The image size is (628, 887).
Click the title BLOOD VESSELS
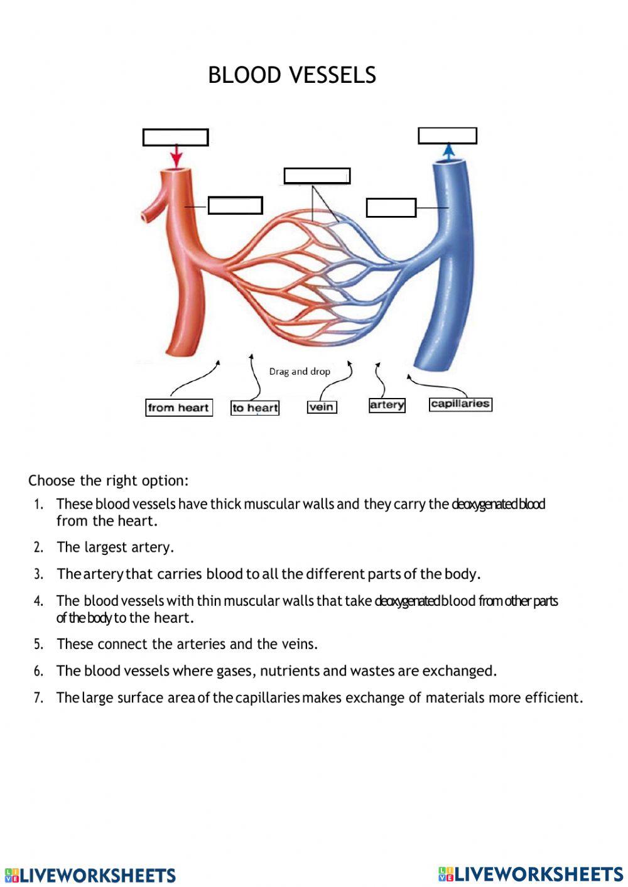pyautogui.click(x=292, y=75)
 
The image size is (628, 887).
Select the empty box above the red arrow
pyautogui.click(x=175, y=137)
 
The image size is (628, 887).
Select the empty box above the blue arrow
pyautogui.click(x=447, y=136)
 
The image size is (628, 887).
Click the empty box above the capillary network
pyautogui.click(x=317, y=176)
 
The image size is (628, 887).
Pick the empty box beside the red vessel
pyautogui.click(x=235, y=205)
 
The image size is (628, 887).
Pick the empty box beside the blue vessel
pyautogui.click(x=391, y=208)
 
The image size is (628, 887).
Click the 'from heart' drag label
pyautogui.click(x=178, y=407)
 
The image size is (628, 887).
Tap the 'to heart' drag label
pyautogui.click(x=255, y=408)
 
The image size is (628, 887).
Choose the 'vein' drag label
pyautogui.click(x=322, y=407)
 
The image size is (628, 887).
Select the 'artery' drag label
pyautogui.click(x=387, y=405)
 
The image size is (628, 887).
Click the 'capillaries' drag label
pyautogui.click(x=460, y=404)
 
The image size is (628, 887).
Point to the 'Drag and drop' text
pyautogui.click(x=300, y=372)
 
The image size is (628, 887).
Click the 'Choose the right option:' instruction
pyautogui.click(x=109, y=481)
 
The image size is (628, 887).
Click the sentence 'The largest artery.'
pyautogui.click(x=116, y=547)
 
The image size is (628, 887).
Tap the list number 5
pyautogui.click(x=38, y=645)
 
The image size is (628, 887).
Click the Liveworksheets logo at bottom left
pyautogui.click(x=90, y=875)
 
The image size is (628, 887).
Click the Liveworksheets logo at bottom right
pyautogui.click(x=531, y=874)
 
